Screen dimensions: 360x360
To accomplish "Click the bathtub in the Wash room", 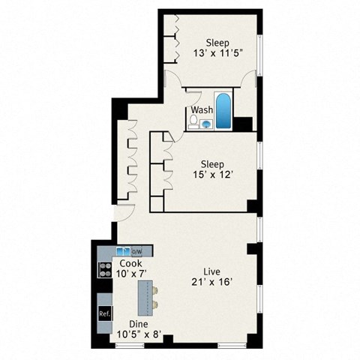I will pyautogui.click(x=224, y=109).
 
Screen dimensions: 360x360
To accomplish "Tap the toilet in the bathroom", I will pyautogui.click(x=193, y=120).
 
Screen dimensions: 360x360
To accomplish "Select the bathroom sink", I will pyautogui.click(x=206, y=124).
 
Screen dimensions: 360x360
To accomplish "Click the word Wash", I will pyautogui.click(x=201, y=109).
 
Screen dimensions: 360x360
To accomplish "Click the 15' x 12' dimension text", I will pyautogui.click(x=213, y=175).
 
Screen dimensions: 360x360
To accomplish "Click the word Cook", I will pyautogui.click(x=131, y=264).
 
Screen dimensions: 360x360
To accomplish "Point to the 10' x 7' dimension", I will pyautogui.click(x=131, y=274).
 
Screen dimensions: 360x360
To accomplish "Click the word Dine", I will pyautogui.click(x=139, y=324).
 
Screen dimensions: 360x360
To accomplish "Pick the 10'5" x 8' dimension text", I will pyautogui.click(x=139, y=334).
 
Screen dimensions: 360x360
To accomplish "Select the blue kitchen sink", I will pyautogui.click(x=123, y=250).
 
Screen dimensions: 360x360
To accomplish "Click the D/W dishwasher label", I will pyautogui.click(x=137, y=250).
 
